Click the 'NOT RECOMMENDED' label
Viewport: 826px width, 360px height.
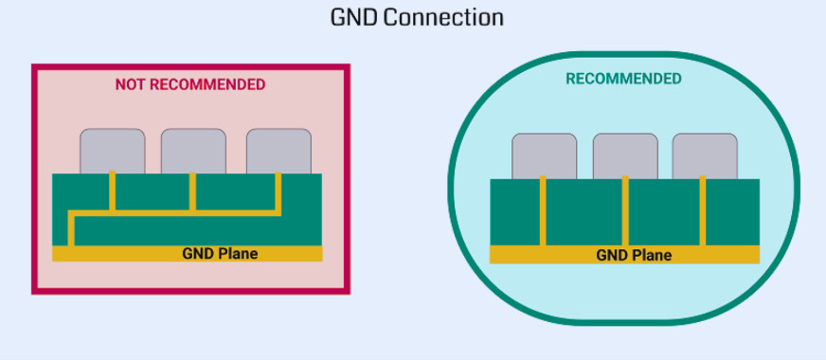(x=190, y=84)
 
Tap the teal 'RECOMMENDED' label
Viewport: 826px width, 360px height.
(x=623, y=79)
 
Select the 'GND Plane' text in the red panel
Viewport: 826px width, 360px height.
(x=220, y=253)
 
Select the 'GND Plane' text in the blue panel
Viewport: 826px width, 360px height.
(x=634, y=255)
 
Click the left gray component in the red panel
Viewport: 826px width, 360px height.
(x=113, y=151)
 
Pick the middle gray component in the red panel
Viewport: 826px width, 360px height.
(x=193, y=151)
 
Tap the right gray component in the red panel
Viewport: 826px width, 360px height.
(x=278, y=151)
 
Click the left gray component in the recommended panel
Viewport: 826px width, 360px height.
(x=544, y=155)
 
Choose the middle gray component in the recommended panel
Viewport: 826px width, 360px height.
(x=625, y=155)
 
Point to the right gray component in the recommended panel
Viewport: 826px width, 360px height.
(x=705, y=155)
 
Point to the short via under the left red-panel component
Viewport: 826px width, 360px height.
(x=113, y=191)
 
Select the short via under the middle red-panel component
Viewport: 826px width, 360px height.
(x=193, y=191)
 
